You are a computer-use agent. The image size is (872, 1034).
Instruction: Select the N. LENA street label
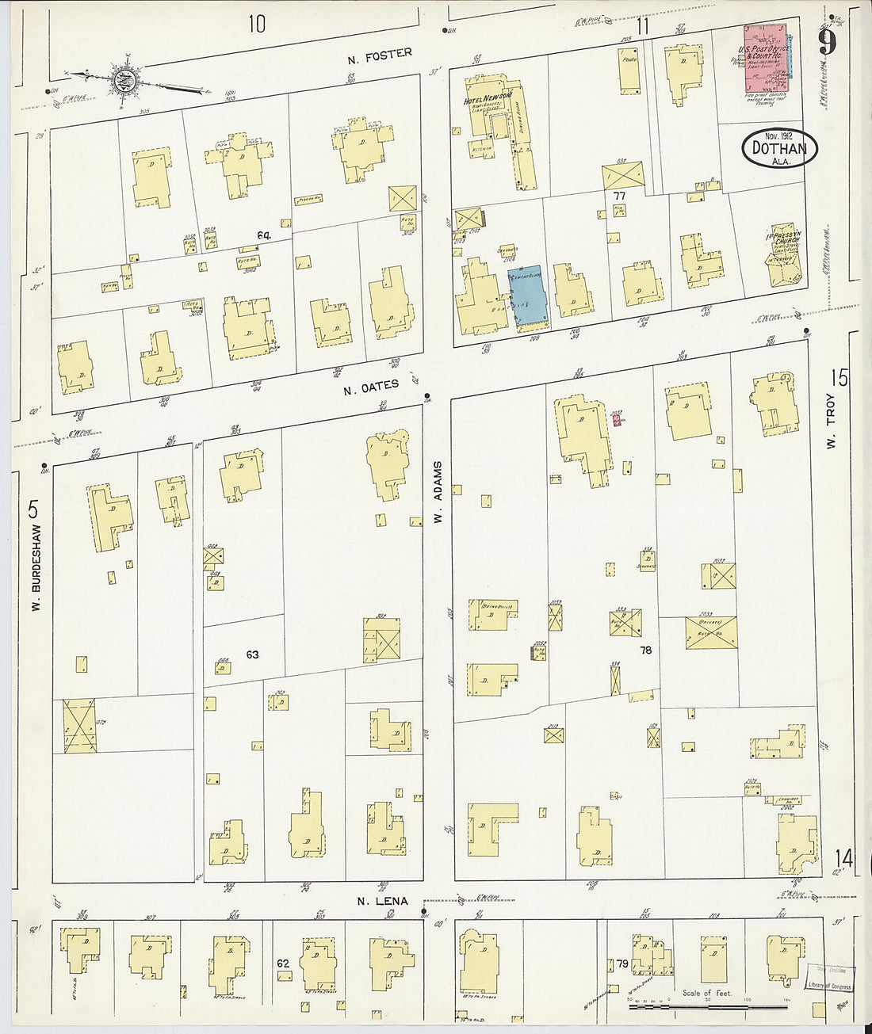(x=382, y=901)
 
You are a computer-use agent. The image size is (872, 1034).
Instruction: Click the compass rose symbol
(x=124, y=80)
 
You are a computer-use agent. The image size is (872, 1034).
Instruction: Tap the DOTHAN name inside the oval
(x=779, y=147)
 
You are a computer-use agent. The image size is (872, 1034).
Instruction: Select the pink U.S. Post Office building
(x=767, y=59)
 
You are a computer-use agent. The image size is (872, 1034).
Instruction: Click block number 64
(x=264, y=235)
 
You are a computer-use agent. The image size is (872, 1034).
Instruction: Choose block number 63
(x=252, y=654)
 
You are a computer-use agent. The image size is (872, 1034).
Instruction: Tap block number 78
(x=645, y=650)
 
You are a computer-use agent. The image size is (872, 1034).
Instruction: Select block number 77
(x=619, y=194)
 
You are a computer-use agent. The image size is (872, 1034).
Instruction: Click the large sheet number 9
(x=828, y=41)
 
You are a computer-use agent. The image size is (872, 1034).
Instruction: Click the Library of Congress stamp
(x=830, y=978)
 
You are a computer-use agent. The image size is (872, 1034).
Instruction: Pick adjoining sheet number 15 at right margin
(x=839, y=378)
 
